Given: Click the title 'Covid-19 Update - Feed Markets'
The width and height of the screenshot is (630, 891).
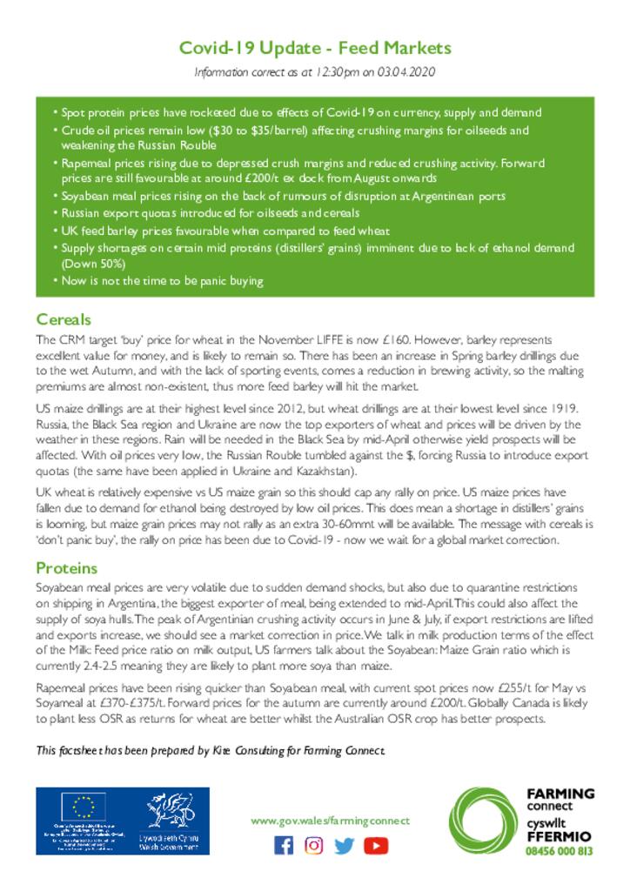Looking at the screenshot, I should click(315, 47).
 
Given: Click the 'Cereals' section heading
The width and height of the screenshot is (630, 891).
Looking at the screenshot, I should click(64, 319).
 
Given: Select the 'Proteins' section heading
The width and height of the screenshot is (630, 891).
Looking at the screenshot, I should click(66, 568).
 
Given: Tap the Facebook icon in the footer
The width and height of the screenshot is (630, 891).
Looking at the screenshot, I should click(284, 845).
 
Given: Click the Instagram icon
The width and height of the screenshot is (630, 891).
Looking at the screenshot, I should click(314, 845).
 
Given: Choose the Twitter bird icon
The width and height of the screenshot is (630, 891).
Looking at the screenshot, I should click(345, 845).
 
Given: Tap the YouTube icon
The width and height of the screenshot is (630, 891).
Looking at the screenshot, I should click(376, 845).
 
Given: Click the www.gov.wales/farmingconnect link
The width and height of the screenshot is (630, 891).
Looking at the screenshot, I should click(330, 821).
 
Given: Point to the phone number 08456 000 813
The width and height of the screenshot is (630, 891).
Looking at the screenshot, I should click(560, 851).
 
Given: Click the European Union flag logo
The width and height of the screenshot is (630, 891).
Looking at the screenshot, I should click(84, 808).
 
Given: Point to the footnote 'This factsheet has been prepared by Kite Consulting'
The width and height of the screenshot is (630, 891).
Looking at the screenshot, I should click(210, 750).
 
